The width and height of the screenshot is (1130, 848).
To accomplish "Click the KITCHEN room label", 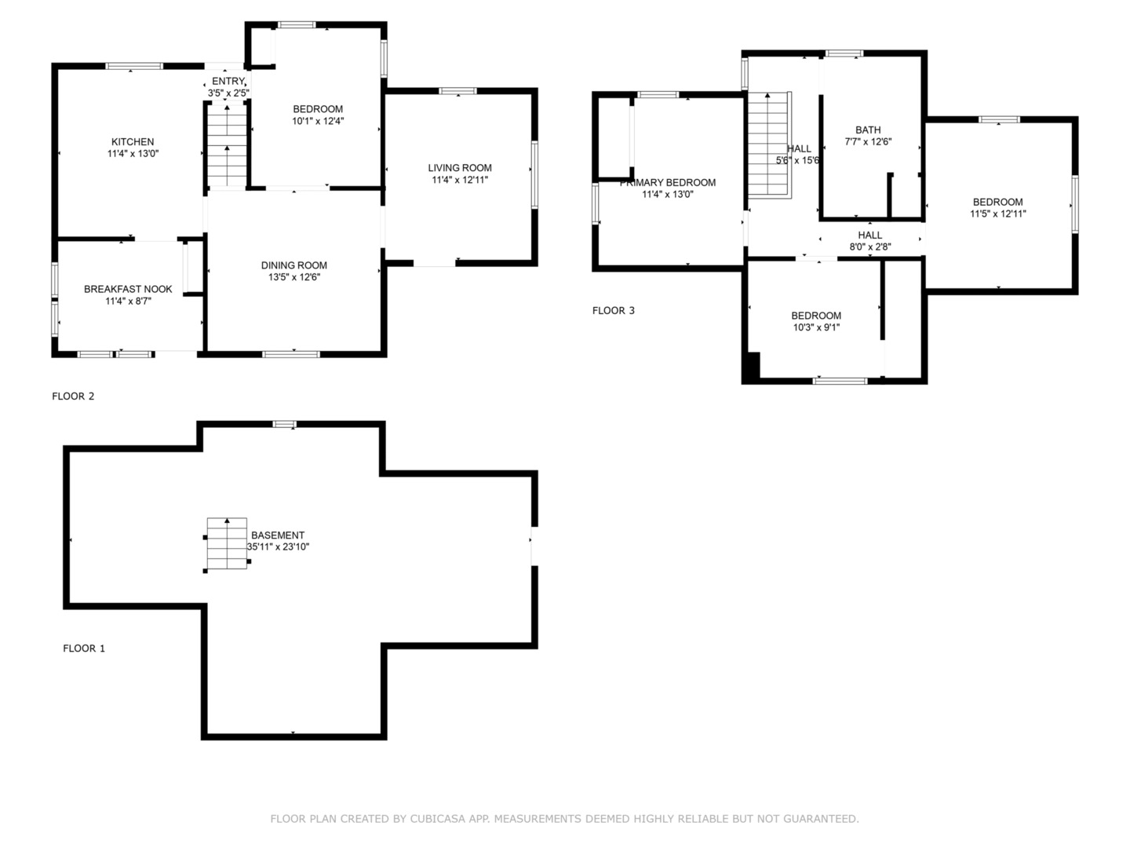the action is (x=133, y=141).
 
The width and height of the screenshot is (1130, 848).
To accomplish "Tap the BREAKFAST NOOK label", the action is (x=128, y=289).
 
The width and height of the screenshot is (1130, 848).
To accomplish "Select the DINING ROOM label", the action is (x=294, y=265).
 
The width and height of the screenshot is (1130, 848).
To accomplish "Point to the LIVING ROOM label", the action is (x=460, y=168).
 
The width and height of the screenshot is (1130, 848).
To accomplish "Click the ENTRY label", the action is (x=228, y=82).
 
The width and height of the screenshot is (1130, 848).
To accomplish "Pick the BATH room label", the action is (x=868, y=130).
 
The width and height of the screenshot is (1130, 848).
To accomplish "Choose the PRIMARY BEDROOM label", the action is (x=668, y=182).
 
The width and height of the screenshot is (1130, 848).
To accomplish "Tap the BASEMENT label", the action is (x=278, y=535).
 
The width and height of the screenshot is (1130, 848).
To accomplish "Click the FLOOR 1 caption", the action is (x=84, y=649).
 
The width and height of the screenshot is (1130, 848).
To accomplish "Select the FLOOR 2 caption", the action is (x=73, y=396).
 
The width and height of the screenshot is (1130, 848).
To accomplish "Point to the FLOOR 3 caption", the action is (x=613, y=310).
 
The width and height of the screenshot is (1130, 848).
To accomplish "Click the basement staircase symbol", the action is (x=227, y=543).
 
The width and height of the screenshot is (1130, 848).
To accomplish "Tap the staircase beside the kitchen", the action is (x=227, y=144).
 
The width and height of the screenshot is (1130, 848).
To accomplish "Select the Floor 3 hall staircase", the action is (x=769, y=144).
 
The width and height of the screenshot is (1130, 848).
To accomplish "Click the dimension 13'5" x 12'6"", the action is (x=294, y=277).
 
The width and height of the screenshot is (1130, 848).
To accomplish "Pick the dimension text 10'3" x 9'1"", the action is (x=816, y=327).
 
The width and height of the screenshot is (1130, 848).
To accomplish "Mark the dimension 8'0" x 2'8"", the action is (x=870, y=247).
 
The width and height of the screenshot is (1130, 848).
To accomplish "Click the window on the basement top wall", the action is (x=284, y=424).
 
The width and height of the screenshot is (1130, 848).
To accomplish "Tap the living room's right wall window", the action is (x=534, y=174).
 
